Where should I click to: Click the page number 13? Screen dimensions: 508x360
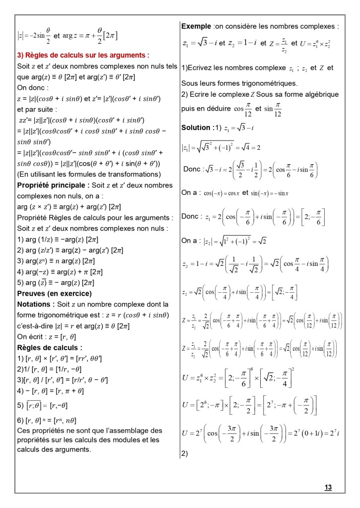[x=328, y=488]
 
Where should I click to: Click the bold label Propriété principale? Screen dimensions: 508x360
[x=50, y=185]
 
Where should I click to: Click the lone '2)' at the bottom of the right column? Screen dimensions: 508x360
[x=185, y=453]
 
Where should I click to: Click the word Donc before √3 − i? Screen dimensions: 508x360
[x=192, y=169]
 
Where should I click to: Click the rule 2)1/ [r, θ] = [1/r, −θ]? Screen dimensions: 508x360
[x=49, y=369]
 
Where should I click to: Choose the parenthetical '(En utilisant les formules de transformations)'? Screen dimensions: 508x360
[x=88, y=174]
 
